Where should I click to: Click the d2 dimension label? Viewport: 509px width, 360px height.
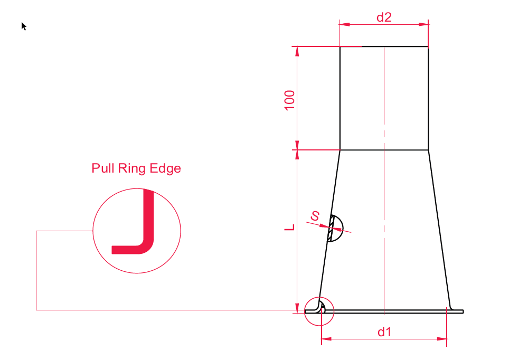pos(384,17)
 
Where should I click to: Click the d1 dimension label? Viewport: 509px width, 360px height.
pos(384,332)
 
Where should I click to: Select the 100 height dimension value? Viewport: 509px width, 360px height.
pos(290,100)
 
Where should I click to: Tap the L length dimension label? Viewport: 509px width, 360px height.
pos(289,227)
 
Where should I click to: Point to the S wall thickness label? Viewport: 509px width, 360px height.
pos(315,215)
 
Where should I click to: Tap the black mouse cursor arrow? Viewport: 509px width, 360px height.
pos(24,26)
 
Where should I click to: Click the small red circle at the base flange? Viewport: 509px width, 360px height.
pos(319,311)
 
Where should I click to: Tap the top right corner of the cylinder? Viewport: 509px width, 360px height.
pos(428,46)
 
